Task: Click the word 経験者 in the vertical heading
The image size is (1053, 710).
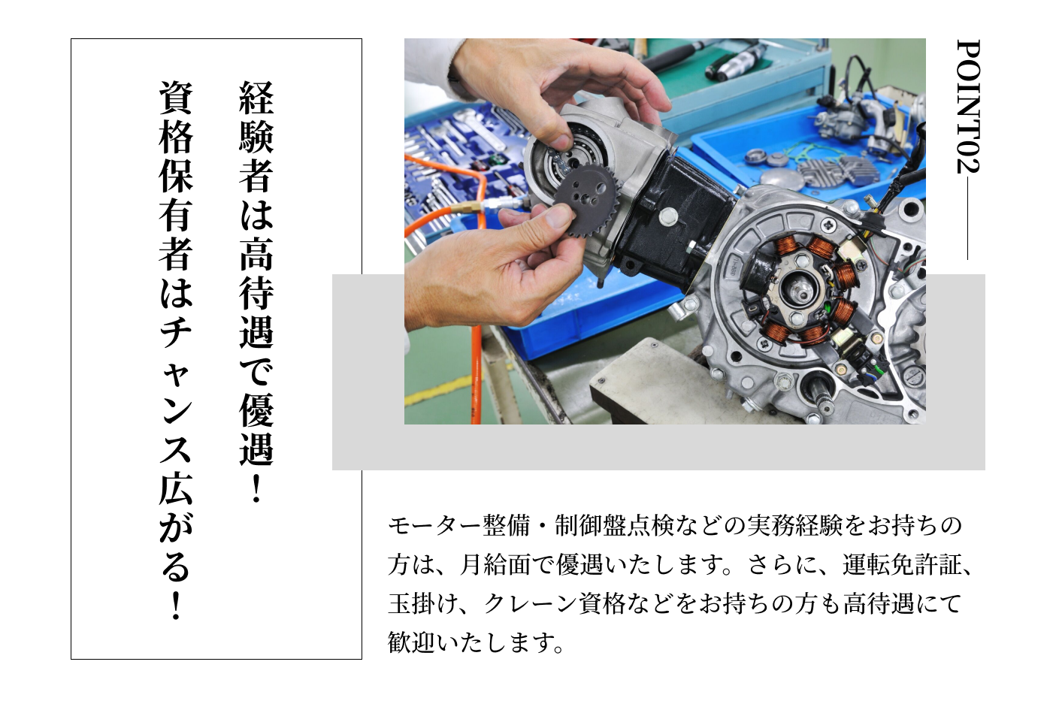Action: coord(256,137)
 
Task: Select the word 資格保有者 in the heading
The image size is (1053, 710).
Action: coord(176,176)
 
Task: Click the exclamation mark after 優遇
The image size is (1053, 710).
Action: coord(256,488)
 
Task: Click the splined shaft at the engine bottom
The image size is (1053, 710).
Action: coord(819,394)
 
